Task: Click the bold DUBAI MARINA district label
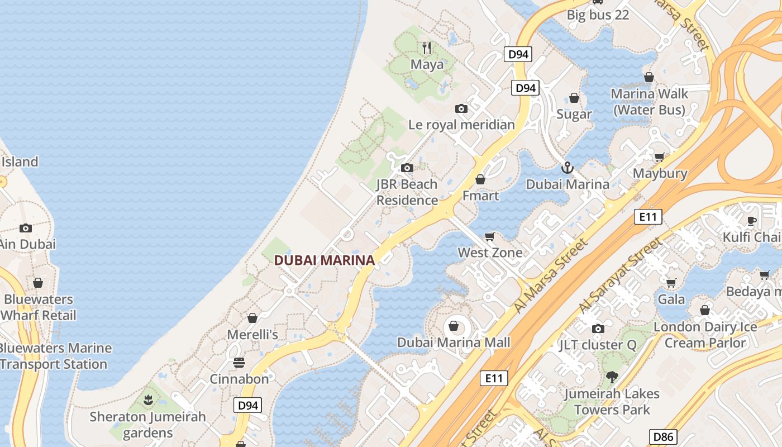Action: tap(324, 260)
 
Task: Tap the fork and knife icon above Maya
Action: tap(427, 48)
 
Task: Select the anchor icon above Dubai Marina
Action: tap(567, 168)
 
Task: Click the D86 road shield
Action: tap(663, 437)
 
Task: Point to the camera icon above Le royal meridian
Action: tap(461, 108)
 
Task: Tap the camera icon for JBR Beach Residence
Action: tap(407, 168)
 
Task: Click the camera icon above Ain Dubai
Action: tap(26, 228)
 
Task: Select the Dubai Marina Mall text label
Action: tap(454, 342)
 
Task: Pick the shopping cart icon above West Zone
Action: tap(490, 236)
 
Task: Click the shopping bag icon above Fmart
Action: tap(480, 179)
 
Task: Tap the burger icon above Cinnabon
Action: tap(239, 363)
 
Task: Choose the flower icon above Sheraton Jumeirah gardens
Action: tap(148, 400)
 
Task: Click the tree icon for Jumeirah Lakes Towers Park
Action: tap(612, 377)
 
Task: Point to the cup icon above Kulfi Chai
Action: tap(751, 221)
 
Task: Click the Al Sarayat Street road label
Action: tap(621, 275)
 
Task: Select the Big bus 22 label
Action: tap(598, 15)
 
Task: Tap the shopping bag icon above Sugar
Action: tap(574, 98)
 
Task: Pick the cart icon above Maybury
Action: tap(660, 157)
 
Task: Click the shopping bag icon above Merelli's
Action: tap(252, 318)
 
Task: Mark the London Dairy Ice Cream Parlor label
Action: tap(705, 335)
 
